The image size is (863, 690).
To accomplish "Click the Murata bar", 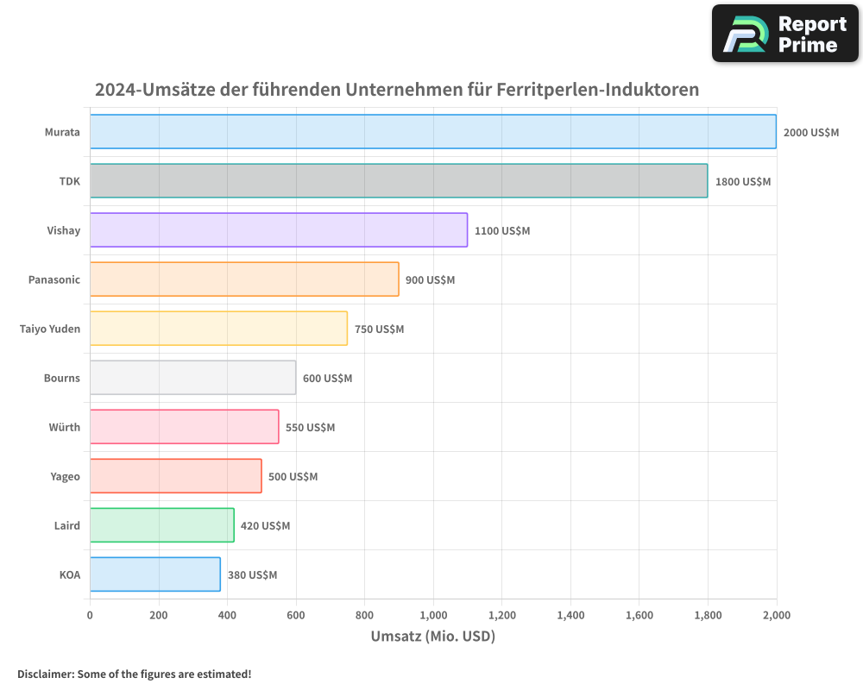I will pyautogui.click(x=432, y=132).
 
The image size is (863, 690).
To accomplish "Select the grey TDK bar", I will pyautogui.click(x=399, y=181).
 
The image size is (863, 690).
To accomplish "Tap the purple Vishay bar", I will pyautogui.click(x=279, y=230).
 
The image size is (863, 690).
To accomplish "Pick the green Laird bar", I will pyautogui.click(x=162, y=525).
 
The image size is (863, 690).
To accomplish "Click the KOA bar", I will pyautogui.click(x=155, y=574).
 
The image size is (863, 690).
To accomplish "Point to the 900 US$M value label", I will pyautogui.click(x=430, y=280).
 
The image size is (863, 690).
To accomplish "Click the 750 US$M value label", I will pyautogui.click(x=379, y=329).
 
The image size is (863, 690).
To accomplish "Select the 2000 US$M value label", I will pyautogui.click(x=810, y=133).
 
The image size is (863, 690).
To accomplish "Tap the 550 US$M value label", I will pyautogui.click(x=310, y=428).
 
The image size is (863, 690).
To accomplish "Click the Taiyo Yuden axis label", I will pyautogui.click(x=50, y=329).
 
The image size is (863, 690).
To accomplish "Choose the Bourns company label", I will pyautogui.click(x=62, y=378).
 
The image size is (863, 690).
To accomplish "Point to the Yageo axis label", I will pyautogui.click(x=65, y=476).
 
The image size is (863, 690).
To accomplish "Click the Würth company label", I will pyautogui.click(x=65, y=427).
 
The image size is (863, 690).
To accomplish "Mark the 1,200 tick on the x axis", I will pyautogui.click(x=501, y=615).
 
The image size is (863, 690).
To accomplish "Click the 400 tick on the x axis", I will pyautogui.click(x=227, y=615).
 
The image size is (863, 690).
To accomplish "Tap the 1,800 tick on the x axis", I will pyautogui.click(x=708, y=615).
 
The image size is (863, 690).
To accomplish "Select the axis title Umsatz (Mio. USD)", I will pyautogui.click(x=432, y=637).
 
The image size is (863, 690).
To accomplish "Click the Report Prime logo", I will pyautogui.click(x=784, y=34).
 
